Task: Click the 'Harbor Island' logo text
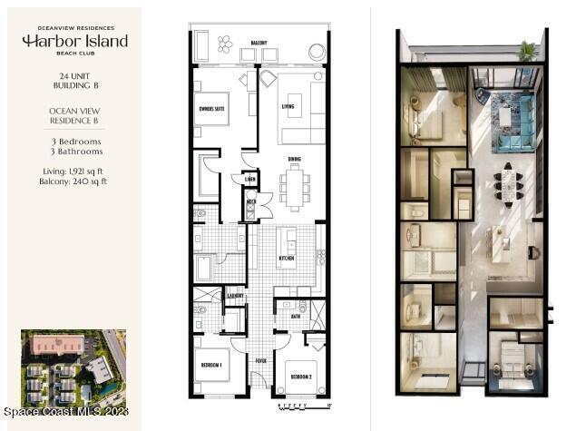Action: [74, 42]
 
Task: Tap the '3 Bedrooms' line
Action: [74, 142]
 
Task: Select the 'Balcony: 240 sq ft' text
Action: [74, 181]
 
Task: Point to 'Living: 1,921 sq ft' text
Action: [74, 171]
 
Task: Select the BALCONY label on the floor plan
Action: [259, 43]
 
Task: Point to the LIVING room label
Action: [288, 106]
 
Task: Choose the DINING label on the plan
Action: [294, 159]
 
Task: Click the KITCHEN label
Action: [288, 259]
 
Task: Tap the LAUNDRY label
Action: [236, 295]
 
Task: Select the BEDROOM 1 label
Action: [212, 365]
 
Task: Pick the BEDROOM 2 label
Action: [301, 375]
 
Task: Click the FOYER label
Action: [261, 358]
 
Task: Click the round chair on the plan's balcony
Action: [317, 53]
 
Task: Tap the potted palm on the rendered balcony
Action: [527, 50]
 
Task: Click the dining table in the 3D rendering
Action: [507, 183]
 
